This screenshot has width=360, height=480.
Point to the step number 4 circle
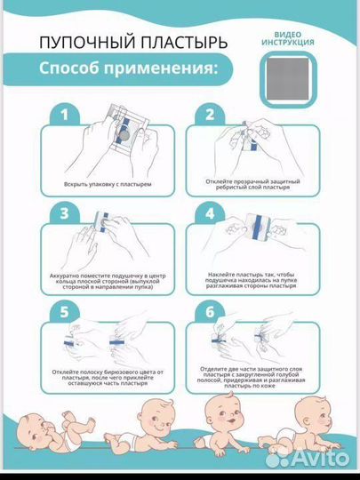tap(210, 213)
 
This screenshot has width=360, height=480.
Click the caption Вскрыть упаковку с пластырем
tap(104, 185)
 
